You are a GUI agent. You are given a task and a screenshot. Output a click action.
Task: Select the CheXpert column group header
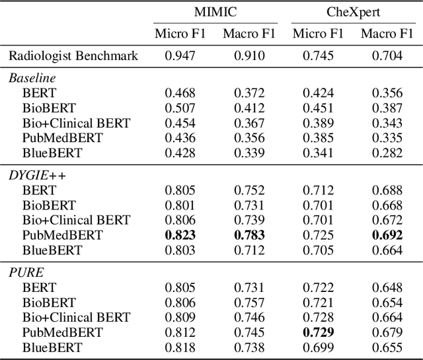click(353, 12)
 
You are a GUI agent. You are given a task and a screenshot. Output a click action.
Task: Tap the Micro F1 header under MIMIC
click(180, 34)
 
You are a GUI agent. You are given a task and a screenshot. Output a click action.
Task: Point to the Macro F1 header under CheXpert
click(387, 34)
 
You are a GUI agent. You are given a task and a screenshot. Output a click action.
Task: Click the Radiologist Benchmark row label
click(73, 56)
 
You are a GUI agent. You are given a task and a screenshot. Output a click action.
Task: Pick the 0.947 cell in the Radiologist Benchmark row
click(180, 56)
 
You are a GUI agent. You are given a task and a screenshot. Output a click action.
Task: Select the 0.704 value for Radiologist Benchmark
click(387, 56)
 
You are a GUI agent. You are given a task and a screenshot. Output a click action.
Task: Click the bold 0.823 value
click(180, 235)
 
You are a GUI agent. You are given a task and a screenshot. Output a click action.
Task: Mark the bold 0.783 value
click(249, 235)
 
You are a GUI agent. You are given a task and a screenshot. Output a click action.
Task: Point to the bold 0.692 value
click(387, 235)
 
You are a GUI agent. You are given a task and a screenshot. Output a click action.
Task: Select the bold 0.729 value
click(318, 332)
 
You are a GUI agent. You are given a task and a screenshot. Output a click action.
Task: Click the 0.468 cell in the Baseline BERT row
click(180, 93)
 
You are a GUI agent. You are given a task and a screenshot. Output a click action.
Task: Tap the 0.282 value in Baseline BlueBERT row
click(387, 153)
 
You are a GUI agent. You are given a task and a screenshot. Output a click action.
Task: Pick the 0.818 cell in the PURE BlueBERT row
click(180, 347)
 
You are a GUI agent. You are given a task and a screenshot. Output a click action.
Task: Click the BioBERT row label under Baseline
click(49, 108)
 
